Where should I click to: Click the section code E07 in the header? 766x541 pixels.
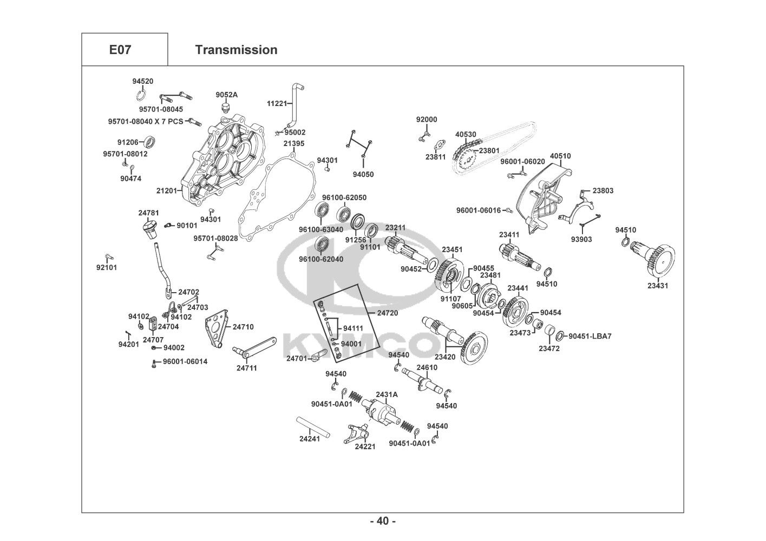(x=120, y=50)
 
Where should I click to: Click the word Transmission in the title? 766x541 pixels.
(x=236, y=50)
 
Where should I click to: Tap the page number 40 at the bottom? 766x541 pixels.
(x=383, y=521)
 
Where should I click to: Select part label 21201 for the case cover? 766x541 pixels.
(x=167, y=190)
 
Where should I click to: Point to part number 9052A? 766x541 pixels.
(x=226, y=95)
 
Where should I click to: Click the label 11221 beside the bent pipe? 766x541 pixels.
(x=277, y=103)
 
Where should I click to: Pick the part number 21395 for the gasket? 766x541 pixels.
(x=294, y=143)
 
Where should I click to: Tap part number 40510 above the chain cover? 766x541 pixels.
(x=560, y=156)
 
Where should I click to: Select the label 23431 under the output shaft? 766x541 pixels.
(x=658, y=286)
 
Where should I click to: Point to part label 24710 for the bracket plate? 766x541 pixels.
(x=243, y=327)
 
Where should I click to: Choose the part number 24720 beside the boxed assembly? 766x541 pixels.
(x=388, y=313)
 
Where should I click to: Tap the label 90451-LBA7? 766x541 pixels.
(x=590, y=336)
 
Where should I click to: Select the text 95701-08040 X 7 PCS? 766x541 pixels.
(x=146, y=121)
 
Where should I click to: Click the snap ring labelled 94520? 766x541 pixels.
(x=141, y=95)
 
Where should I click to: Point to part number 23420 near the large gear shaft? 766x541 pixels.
(x=445, y=357)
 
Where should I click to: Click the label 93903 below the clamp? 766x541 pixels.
(x=581, y=239)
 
